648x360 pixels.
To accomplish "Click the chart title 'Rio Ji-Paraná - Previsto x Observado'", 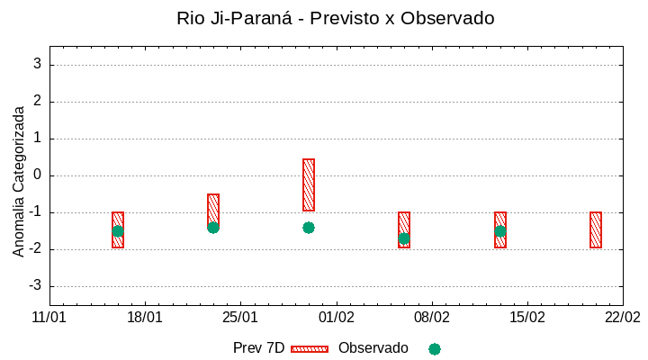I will tap(336, 18).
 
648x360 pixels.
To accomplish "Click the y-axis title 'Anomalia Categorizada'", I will tap(19, 181).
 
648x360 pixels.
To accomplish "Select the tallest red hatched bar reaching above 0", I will tap(309, 184).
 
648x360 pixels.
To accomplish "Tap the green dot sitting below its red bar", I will tap(309, 228).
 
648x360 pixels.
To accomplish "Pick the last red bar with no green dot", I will tap(596, 229).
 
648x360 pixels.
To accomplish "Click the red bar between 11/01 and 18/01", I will tap(118, 229).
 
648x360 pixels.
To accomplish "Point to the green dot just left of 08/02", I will tap(404, 238).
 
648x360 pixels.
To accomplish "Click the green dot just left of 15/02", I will tap(500, 231).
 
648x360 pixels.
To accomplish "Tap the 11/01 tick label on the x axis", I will tap(49, 318).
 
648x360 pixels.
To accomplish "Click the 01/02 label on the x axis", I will tap(337, 318).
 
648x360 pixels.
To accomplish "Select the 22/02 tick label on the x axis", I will tap(623, 318).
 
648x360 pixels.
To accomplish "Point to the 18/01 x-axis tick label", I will tap(145, 318).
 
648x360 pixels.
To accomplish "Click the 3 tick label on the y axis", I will tap(38, 64).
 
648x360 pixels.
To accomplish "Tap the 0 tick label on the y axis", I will tap(38, 175).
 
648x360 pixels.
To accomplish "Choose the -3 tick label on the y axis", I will tap(35, 286).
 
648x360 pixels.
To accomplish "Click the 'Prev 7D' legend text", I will tap(258, 348).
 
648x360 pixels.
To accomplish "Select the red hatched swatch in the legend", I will tap(310, 348).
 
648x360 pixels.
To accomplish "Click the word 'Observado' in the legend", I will tap(373, 348).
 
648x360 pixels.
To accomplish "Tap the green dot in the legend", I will tap(435, 348).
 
